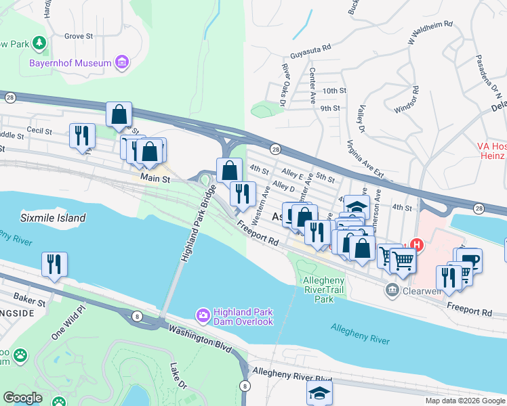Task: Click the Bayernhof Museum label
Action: click(x=70, y=64)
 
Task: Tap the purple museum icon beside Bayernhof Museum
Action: click(x=122, y=64)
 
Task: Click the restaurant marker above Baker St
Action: click(x=54, y=265)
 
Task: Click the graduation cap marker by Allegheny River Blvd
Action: click(x=319, y=392)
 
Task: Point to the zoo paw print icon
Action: click(x=22, y=355)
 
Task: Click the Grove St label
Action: click(x=78, y=36)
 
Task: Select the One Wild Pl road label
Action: click(x=68, y=322)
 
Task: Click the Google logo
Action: click(x=23, y=397)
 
